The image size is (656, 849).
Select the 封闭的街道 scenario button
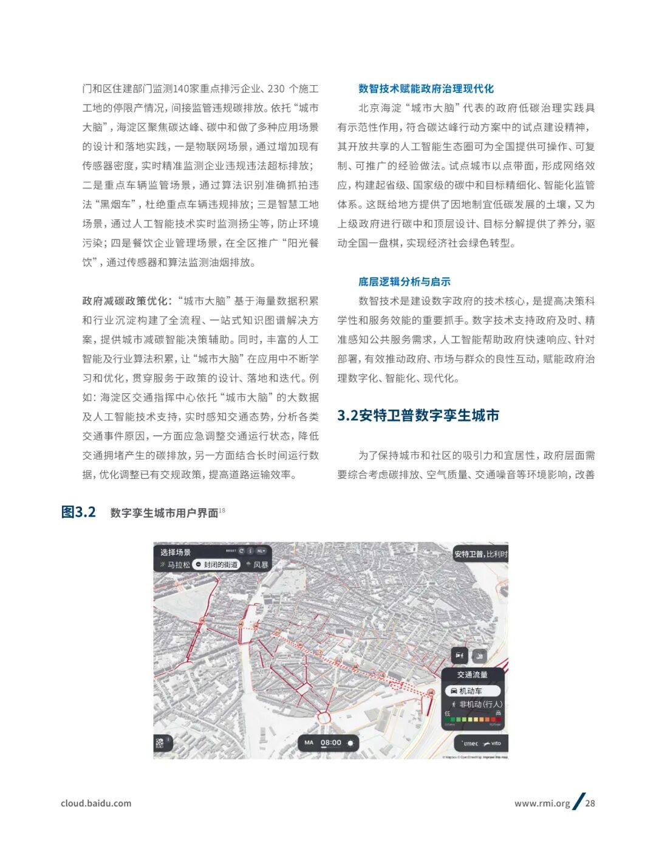point(216,565)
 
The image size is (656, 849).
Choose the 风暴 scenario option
point(258,565)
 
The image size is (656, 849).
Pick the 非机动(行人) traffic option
point(477,704)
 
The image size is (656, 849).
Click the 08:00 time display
point(331,743)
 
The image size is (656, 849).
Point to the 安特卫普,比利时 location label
point(480,554)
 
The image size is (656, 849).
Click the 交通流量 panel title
point(472,675)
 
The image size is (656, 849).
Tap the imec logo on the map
point(471,743)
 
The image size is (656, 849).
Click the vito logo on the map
point(493,743)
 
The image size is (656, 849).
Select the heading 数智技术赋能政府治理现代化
point(426,89)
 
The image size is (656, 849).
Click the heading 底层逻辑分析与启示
point(404,281)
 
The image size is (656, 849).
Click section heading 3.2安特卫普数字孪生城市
point(418,416)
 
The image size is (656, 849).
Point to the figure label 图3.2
point(78,512)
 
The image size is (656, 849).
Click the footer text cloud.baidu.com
point(96,803)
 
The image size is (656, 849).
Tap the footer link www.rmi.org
point(542,803)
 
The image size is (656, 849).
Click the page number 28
point(590,803)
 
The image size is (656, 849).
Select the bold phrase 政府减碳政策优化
point(125,301)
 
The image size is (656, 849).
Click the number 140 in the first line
point(181,89)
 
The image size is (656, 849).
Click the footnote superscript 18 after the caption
point(222,510)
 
